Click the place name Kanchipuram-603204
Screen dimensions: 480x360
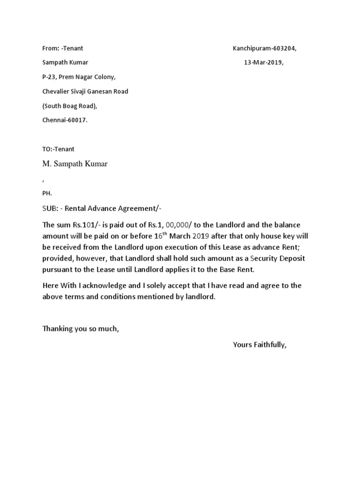tap(264, 48)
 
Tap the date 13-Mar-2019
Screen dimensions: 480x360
tap(263, 62)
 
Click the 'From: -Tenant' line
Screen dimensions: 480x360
tap(62, 48)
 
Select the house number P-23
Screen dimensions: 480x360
tap(49, 77)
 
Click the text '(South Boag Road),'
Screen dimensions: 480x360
tap(69, 105)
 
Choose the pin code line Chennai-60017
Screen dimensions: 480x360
tap(65, 120)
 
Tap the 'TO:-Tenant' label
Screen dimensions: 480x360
tap(58, 149)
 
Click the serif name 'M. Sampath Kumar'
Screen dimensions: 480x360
tap(75, 164)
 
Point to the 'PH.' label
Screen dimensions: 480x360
tap(47, 193)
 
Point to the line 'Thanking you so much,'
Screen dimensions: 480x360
tap(81, 329)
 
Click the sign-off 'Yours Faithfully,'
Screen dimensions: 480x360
tap(259, 345)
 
